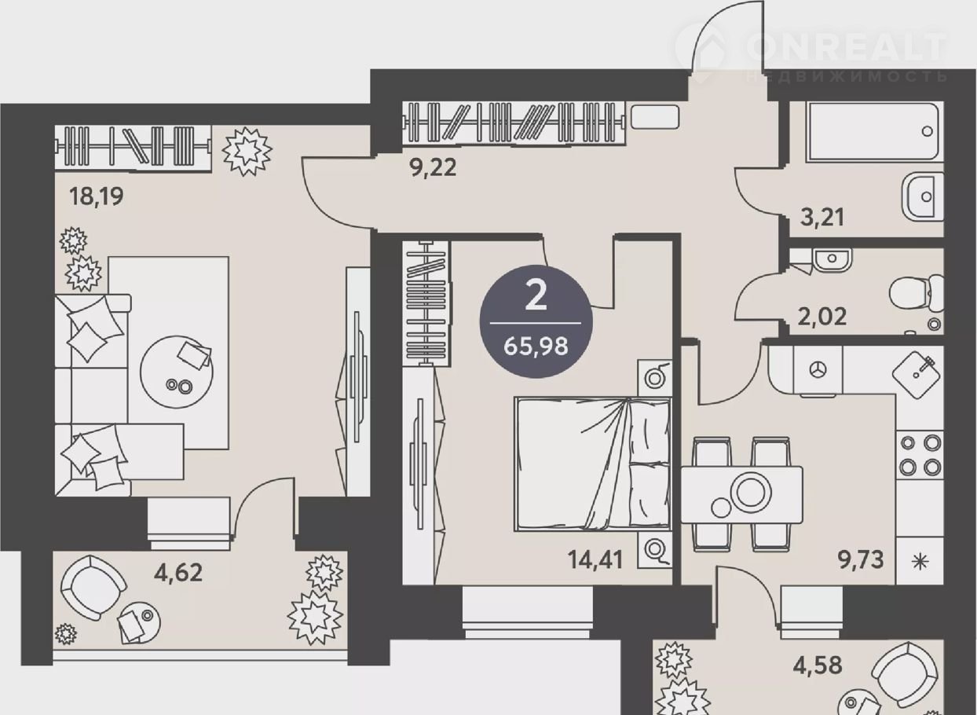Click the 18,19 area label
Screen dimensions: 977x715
[97, 196]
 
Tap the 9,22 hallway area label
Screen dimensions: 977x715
[433, 167]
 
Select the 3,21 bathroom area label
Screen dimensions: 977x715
[822, 217]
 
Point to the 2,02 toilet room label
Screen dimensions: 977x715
[822, 317]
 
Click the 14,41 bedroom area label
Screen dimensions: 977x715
[595, 559]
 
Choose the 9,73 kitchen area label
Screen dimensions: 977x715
[862, 559]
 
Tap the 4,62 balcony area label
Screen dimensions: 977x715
[178, 573]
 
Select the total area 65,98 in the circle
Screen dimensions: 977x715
[536, 346]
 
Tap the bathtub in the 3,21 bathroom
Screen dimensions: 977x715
[873, 131]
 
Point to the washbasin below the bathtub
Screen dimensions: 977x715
[923, 196]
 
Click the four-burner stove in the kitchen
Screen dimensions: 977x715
[920, 456]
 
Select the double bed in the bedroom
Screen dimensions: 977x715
[593, 464]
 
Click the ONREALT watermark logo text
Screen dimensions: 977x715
[847, 49]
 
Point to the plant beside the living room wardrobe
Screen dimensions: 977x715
[247, 152]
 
